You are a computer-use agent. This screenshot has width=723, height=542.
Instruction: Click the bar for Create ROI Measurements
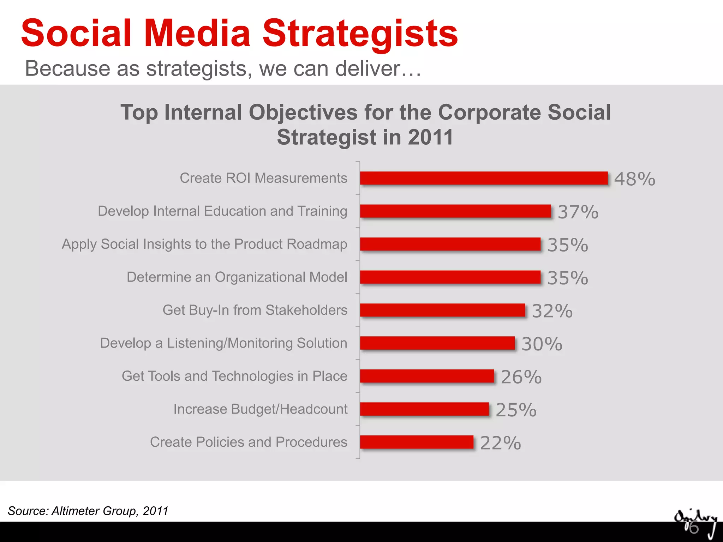(x=484, y=178)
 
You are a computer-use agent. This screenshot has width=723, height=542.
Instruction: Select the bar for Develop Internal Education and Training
(x=455, y=211)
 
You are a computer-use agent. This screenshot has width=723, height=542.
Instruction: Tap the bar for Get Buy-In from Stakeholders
(x=442, y=310)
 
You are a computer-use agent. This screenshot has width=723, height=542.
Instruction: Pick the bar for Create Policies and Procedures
(x=417, y=442)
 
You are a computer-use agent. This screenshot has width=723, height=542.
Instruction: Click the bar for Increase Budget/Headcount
(x=424, y=409)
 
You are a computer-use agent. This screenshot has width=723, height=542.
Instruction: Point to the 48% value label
(x=634, y=179)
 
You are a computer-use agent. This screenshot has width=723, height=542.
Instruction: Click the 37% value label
(x=578, y=212)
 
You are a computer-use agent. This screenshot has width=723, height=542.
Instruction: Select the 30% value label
(x=542, y=344)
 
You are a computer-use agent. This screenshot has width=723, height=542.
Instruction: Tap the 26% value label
(x=521, y=377)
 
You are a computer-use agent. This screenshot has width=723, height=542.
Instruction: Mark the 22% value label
(x=500, y=443)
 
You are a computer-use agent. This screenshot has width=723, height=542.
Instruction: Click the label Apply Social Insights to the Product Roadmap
(x=204, y=244)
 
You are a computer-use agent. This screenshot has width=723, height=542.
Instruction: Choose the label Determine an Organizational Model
(x=237, y=277)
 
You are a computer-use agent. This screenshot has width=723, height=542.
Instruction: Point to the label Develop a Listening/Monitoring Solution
(x=223, y=343)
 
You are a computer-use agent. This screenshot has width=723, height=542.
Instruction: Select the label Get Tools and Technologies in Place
(x=234, y=376)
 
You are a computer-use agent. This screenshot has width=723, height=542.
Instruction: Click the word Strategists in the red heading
(x=360, y=34)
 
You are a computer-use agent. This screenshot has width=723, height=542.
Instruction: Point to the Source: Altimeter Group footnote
(x=88, y=511)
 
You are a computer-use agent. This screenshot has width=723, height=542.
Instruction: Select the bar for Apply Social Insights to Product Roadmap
(x=450, y=244)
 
